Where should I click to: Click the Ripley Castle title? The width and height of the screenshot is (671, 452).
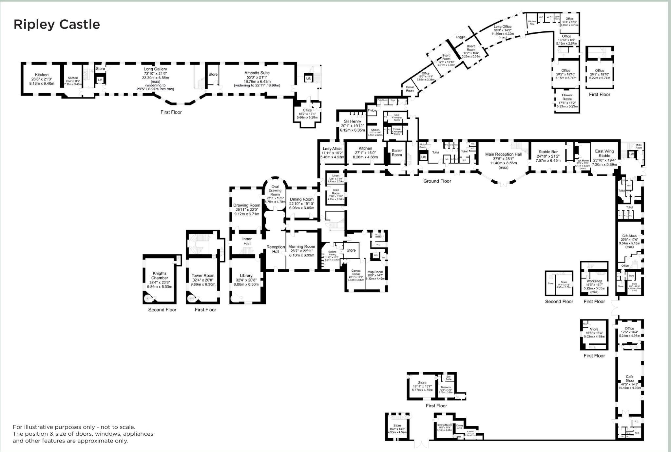click(57, 25)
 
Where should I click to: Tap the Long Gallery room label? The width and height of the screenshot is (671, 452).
click(155, 69)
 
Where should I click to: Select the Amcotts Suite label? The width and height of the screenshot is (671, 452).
click(257, 73)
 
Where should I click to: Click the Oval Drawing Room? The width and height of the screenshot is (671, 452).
click(275, 190)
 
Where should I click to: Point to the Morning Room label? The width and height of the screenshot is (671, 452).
click(301, 246)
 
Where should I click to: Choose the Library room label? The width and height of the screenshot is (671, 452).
click(246, 276)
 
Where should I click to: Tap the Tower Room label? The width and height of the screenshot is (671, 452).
click(203, 276)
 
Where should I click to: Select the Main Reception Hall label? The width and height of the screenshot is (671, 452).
click(503, 154)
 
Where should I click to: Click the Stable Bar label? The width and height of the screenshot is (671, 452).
click(548, 152)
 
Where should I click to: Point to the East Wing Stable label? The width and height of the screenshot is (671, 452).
click(604, 153)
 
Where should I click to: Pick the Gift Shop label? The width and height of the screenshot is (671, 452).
click(629, 236)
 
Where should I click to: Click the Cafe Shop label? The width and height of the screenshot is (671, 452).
click(629, 378)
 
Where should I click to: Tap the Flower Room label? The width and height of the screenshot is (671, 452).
click(567, 97)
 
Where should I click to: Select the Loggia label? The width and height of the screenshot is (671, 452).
click(460, 37)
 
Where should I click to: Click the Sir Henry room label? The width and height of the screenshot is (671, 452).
click(353, 121)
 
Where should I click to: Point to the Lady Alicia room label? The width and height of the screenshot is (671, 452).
click(332, 149)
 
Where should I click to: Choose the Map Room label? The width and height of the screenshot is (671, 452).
click(375, 272)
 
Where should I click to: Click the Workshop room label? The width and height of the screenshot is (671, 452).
click(594, 281)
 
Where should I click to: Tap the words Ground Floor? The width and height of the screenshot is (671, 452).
click(437, 181)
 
